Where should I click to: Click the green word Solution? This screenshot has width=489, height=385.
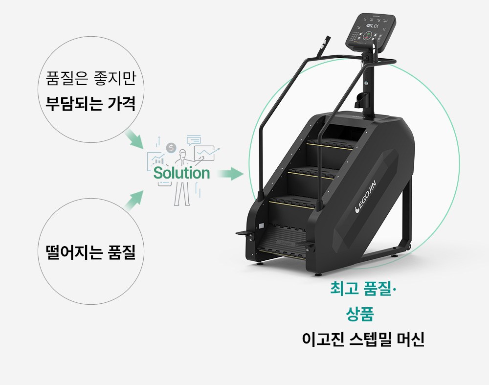pyautogui.click(x=181, y=173)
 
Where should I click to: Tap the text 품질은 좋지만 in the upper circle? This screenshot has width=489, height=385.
pyautogui.click(x=90, y=78)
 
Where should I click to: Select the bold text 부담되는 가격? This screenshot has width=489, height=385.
pyautogui.click(x=90, y=104)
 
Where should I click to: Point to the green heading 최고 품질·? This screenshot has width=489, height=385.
pyautogui.click(x=364, y=290)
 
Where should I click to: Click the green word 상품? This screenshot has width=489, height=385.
pyautogui.click(x=360, y=314)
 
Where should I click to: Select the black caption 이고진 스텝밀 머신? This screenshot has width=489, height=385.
pyautogui.click(x=363, y=339)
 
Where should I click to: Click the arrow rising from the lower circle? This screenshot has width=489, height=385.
pyautogui.click(x=134, y=200)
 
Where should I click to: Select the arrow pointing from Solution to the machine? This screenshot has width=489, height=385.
pyautogui.click(x=230, y=173)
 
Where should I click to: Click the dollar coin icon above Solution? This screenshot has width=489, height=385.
pyautogui.click(x=171, y=147)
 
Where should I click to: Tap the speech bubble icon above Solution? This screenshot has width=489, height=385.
pyautogui.click(x=194, y=140)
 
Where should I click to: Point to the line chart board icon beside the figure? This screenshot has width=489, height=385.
pyautogui.click(x=205, y=153)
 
